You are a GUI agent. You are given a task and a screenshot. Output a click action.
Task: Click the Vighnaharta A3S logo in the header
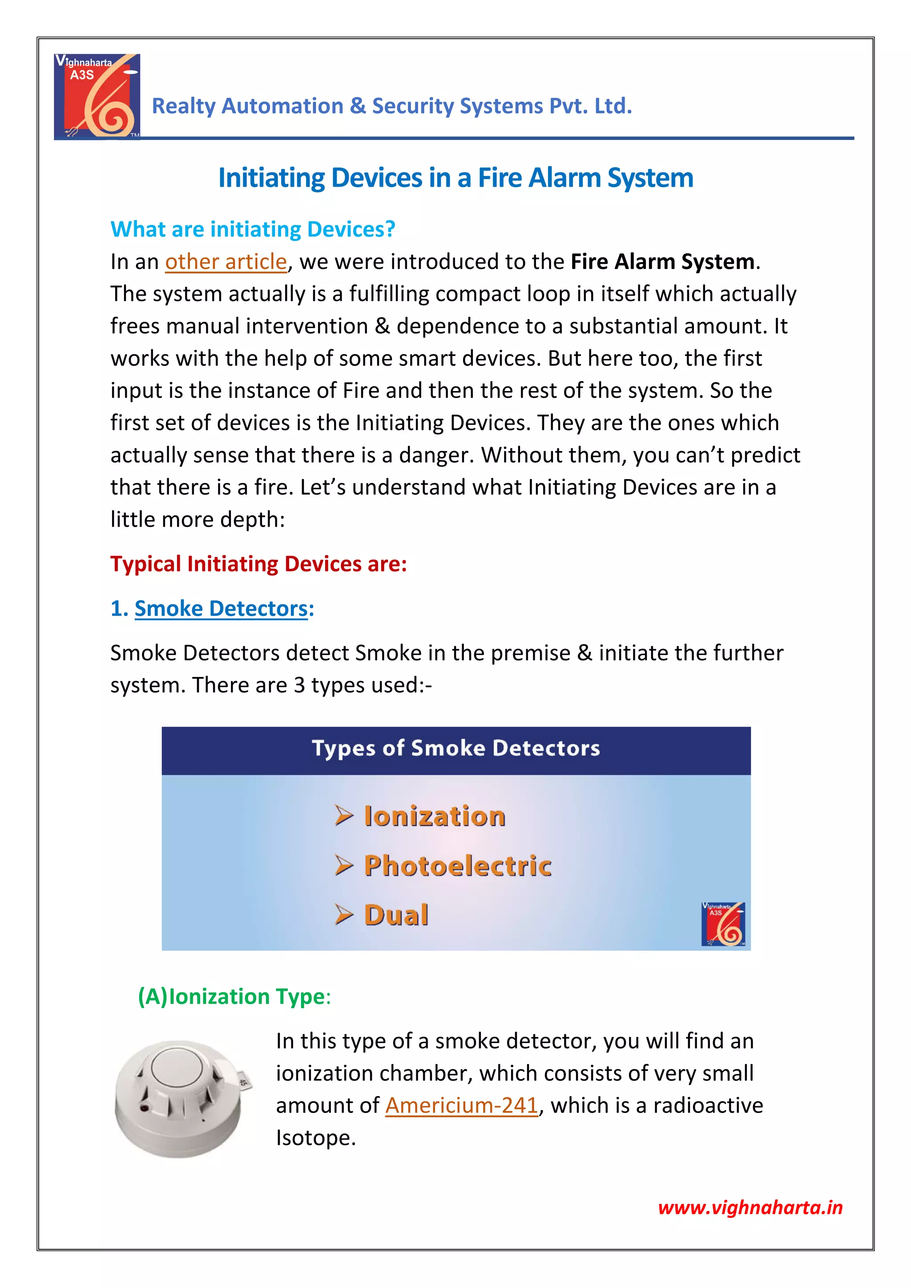click(x=97, y=96)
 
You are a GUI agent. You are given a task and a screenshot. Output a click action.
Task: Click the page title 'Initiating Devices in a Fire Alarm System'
click(x=455, y=178)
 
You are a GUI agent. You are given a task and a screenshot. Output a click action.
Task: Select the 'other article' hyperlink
click(x=226, y=262)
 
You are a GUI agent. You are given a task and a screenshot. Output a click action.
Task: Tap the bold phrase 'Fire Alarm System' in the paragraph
click(x=662, y=262)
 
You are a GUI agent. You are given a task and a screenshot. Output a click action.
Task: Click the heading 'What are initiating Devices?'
click(x=253, y=229)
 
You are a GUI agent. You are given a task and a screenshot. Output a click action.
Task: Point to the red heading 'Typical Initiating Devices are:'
click(x=258, y=564)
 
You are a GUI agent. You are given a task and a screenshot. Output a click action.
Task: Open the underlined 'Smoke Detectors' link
click(x=221, y=608)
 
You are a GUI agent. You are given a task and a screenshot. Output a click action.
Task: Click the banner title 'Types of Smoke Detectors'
click(x=456, y=748)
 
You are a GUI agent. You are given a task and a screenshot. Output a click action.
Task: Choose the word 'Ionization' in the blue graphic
click(x=435, y=816)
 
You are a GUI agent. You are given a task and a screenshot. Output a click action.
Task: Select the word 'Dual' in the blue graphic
click(x=396, y=915)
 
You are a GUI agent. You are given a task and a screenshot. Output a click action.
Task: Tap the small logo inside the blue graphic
click(x=723, y=924)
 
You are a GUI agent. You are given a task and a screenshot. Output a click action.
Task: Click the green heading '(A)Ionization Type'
click(x=234, y=997)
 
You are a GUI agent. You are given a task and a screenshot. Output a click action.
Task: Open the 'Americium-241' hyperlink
click(x=461, y=1106)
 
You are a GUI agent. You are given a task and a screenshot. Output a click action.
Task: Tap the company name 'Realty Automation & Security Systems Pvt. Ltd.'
click(x=392, y=106)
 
